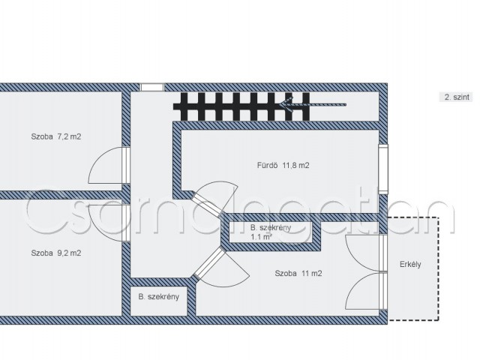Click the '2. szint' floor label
tap(457, 97)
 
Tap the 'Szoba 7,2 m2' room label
tap(56, 136)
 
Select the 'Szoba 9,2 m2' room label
tap(56, 253)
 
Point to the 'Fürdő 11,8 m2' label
tap(283, 165)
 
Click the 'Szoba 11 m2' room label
tap(298, 273)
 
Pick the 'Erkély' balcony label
tap(410, 264)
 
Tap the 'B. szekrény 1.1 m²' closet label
tap(271, 232)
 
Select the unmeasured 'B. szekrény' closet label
tap(158, 297)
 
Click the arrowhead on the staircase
tap(286, 105)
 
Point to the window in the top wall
tap(152, 87)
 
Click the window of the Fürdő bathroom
tap(383, 169)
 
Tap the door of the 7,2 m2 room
tap(109, 165)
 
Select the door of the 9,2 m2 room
tap(109, 223)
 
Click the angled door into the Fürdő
tap(214, 198)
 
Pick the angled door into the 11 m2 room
tap(221, 267)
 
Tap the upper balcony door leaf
tap(366, 253)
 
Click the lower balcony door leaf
tap(366, 291)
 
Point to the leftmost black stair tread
tap(184, 106)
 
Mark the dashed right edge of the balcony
tap(438, 268)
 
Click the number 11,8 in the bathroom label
tap(290, 166)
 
